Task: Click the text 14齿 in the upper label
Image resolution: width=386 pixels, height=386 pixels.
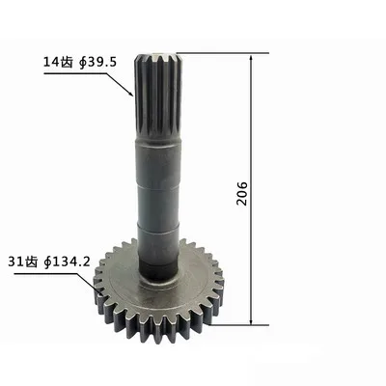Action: (x=55, y=62)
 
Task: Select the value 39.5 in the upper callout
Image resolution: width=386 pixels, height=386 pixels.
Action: (x=101, y=62)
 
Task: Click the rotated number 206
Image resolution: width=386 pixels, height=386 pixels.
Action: (x=241, y=189)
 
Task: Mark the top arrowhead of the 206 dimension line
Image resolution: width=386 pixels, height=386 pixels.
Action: (x=253, y=59)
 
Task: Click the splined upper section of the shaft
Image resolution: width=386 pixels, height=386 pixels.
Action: (x=159, y=96)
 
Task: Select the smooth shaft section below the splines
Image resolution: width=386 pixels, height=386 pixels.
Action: (x=159, y=193)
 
